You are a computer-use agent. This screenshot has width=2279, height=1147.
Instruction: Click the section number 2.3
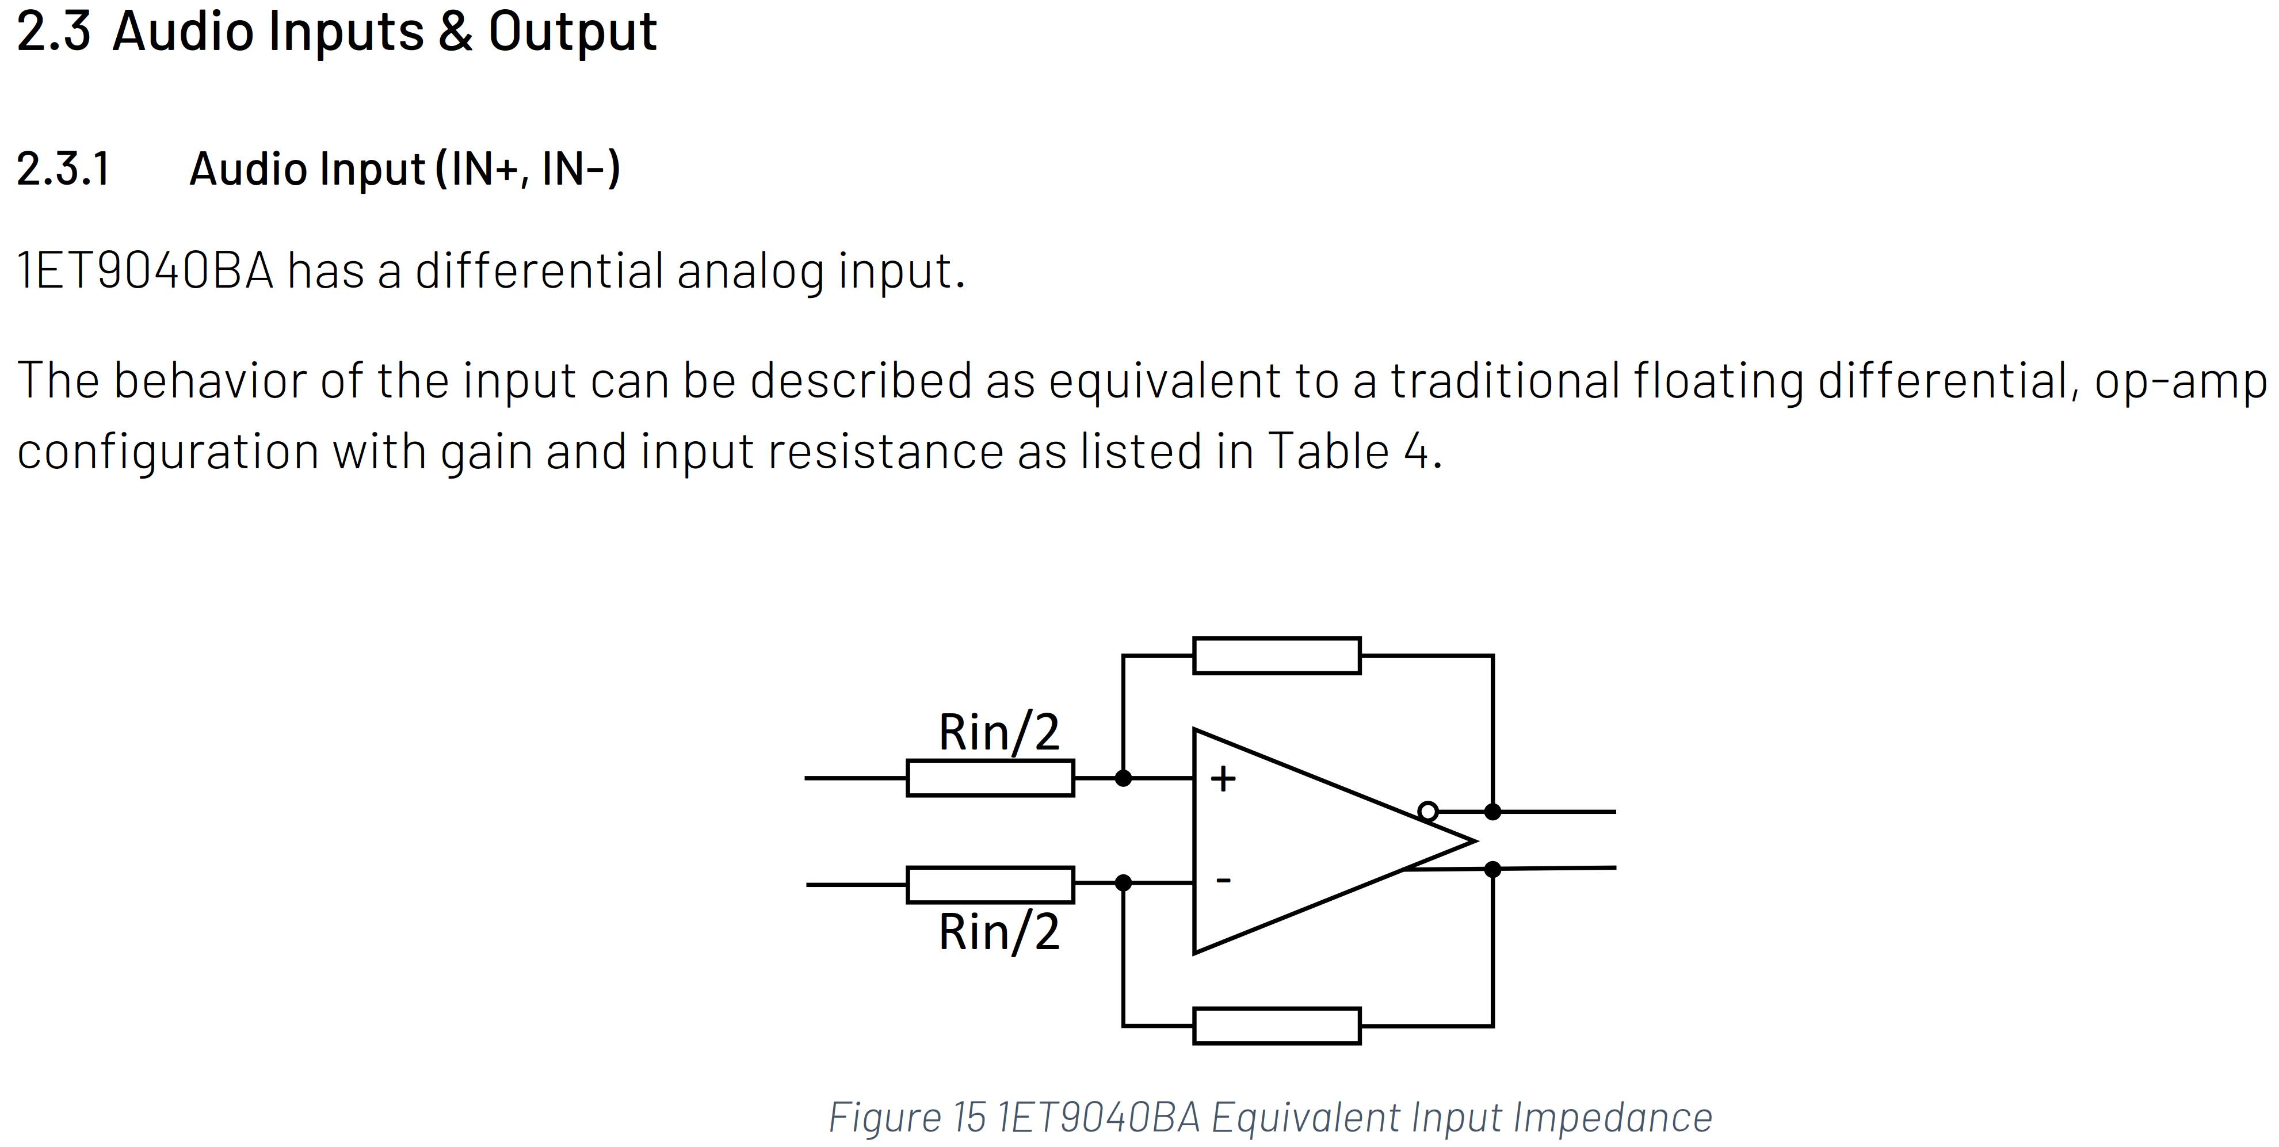[53, 31]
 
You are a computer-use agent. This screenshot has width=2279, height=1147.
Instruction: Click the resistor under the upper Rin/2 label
[990, 778]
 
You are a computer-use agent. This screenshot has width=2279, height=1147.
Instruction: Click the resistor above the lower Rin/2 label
[990, 884]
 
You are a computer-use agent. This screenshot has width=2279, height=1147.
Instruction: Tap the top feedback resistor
[1277, 655]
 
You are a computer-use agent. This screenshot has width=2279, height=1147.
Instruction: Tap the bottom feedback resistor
[1277, 1026]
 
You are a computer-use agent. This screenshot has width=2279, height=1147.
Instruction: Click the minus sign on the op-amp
[1224, 880]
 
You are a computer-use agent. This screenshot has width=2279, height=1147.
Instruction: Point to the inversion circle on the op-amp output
[1428, 811]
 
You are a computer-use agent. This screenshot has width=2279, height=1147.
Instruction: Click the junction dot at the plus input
[1124, 778]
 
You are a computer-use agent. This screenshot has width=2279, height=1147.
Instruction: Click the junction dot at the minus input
[1124, 882]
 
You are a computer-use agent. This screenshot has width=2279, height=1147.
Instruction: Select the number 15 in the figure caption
[969, 1117]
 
